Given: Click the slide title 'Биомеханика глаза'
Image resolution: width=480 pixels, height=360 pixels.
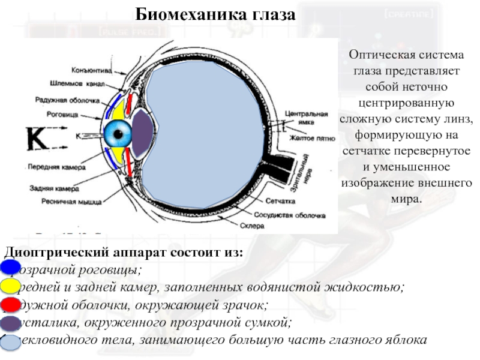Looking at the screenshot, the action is [x=215, y=14].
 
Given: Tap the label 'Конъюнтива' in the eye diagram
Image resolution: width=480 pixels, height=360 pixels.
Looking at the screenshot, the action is [x=91, y=70].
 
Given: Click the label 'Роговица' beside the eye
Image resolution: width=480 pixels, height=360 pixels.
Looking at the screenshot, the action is [x=62, y=114].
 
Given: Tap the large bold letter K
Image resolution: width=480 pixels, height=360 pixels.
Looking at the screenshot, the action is [x=38, y=140].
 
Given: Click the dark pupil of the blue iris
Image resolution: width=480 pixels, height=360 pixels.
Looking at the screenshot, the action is [x=118, y=133].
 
